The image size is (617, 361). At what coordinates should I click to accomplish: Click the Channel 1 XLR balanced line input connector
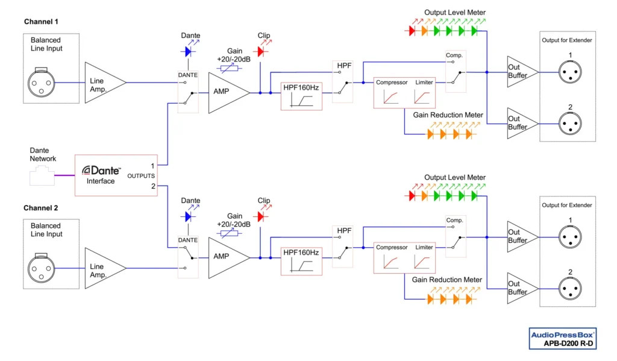42,80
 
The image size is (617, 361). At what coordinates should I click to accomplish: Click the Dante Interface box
115,175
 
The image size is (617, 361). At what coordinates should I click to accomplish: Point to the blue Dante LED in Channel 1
188,52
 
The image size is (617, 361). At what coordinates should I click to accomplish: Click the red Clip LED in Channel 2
260,216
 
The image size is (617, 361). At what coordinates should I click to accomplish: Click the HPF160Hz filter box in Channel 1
301,96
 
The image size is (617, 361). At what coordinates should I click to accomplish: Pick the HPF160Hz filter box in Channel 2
301,260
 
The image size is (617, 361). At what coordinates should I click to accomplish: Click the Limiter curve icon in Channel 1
422,96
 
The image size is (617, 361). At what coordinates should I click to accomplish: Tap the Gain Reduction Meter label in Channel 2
447,280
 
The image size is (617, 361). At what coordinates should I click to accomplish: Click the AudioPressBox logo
562,334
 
